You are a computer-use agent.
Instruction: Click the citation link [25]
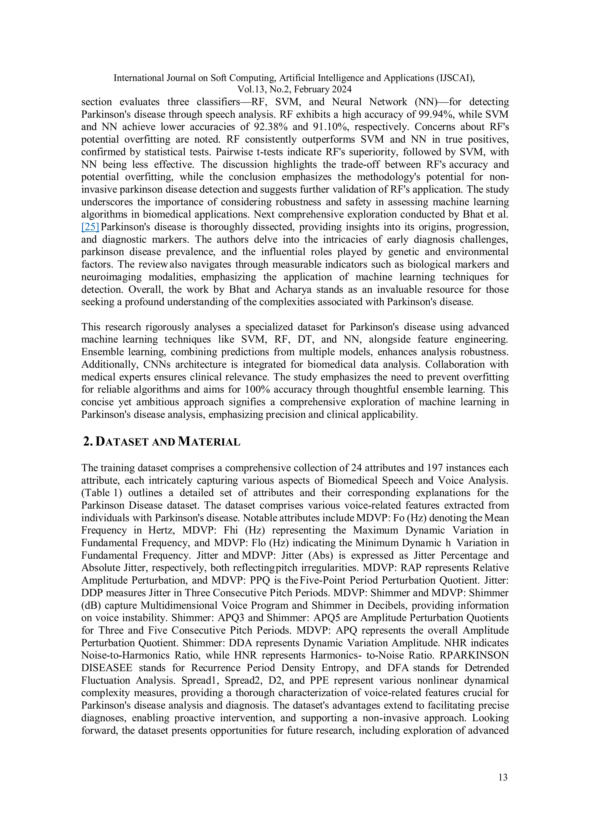coord(90,227)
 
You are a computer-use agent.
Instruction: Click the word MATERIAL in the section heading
coord(209,442)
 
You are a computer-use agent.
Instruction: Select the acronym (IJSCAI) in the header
coord(455,78)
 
